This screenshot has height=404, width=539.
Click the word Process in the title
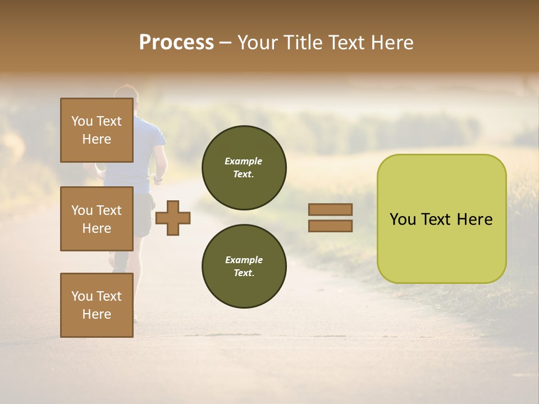[x=176, y=43]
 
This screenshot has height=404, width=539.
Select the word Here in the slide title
[x=391, y=43]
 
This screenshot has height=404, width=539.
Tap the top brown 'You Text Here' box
[x=97, y=130]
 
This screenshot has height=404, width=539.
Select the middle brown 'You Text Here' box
[x=97, y=219]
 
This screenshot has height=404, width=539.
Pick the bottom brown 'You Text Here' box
[x=97, y=305]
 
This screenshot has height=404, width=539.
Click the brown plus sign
[x=172, y=218]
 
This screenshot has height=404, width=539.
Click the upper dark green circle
[x=244, y=168]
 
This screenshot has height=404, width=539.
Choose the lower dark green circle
[x=244, y=266]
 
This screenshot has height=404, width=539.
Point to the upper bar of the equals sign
[x=330, y=209]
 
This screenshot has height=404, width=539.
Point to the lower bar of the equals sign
[x=330, y=226]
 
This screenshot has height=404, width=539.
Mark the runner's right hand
[x=158, y=179]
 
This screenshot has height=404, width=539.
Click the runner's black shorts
[x=144, y=213]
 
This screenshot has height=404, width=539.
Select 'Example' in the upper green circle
[x=244, y=161]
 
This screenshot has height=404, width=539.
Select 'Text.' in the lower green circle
[x=244, y=273]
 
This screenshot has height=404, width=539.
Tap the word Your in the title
[x=257, y=43]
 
